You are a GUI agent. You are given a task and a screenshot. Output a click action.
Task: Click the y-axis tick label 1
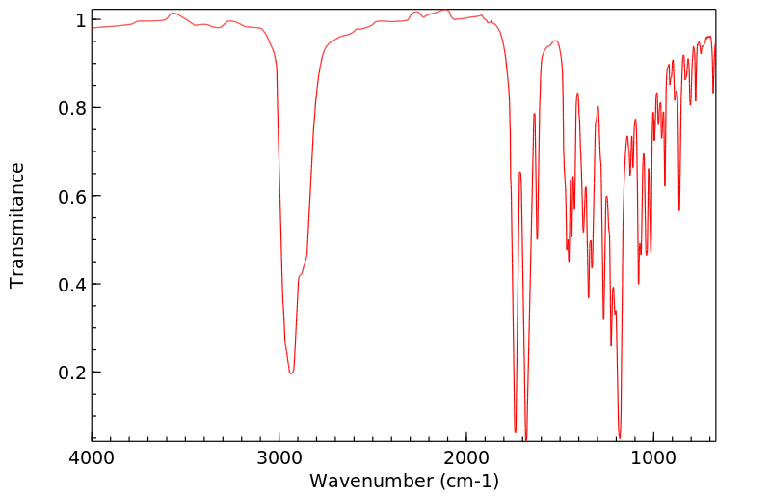[x=81, y=20]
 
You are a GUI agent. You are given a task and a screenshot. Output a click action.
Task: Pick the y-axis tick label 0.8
[x=73, y=108]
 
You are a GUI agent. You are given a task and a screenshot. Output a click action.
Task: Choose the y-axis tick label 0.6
[x=73, y=196]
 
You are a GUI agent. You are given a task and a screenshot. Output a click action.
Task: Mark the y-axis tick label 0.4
[x=73, y=284]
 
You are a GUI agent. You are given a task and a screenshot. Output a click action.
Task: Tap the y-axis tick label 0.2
[x=73, y=373]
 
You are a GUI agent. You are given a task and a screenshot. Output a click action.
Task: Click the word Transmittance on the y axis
[x=17, y=225]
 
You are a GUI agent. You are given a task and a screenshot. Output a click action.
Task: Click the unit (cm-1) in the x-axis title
[x=467, y=481]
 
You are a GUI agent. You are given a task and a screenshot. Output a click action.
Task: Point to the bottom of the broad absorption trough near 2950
[x=290, y=373]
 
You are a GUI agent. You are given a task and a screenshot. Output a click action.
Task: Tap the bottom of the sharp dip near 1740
[x=516, y=431]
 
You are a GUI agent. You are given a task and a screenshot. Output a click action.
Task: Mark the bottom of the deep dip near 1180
[x=620, y=436]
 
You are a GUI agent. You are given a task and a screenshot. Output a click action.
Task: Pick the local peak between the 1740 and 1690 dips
[x=519, y=172]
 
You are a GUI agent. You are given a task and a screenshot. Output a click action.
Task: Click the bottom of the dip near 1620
[x=538, y=238]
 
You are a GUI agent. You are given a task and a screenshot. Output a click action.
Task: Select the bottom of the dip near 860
[x=679, y=210]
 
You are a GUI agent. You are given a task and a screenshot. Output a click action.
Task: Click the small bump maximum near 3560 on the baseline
[x=173, y=14]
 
